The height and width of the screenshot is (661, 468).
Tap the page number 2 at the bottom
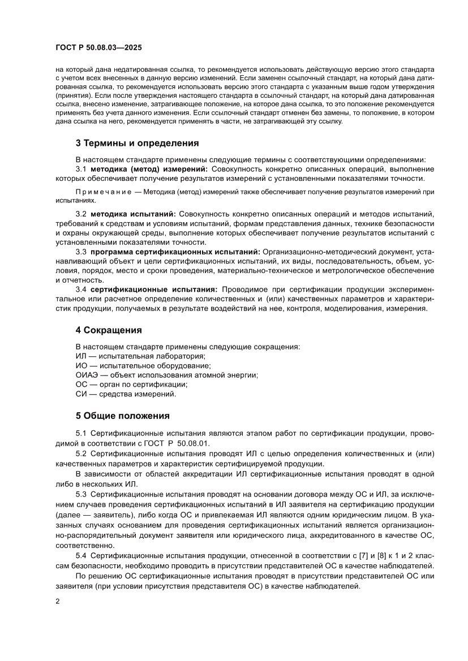tap(58, 602)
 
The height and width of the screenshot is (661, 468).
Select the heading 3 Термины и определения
tap(137, 143)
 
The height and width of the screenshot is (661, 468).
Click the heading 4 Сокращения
tap(109, 330)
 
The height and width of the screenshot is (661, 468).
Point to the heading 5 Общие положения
tap(123, 416)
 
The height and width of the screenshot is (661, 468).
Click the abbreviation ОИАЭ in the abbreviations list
tap(86, 375)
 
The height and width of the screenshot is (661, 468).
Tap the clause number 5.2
tap(80, 453)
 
